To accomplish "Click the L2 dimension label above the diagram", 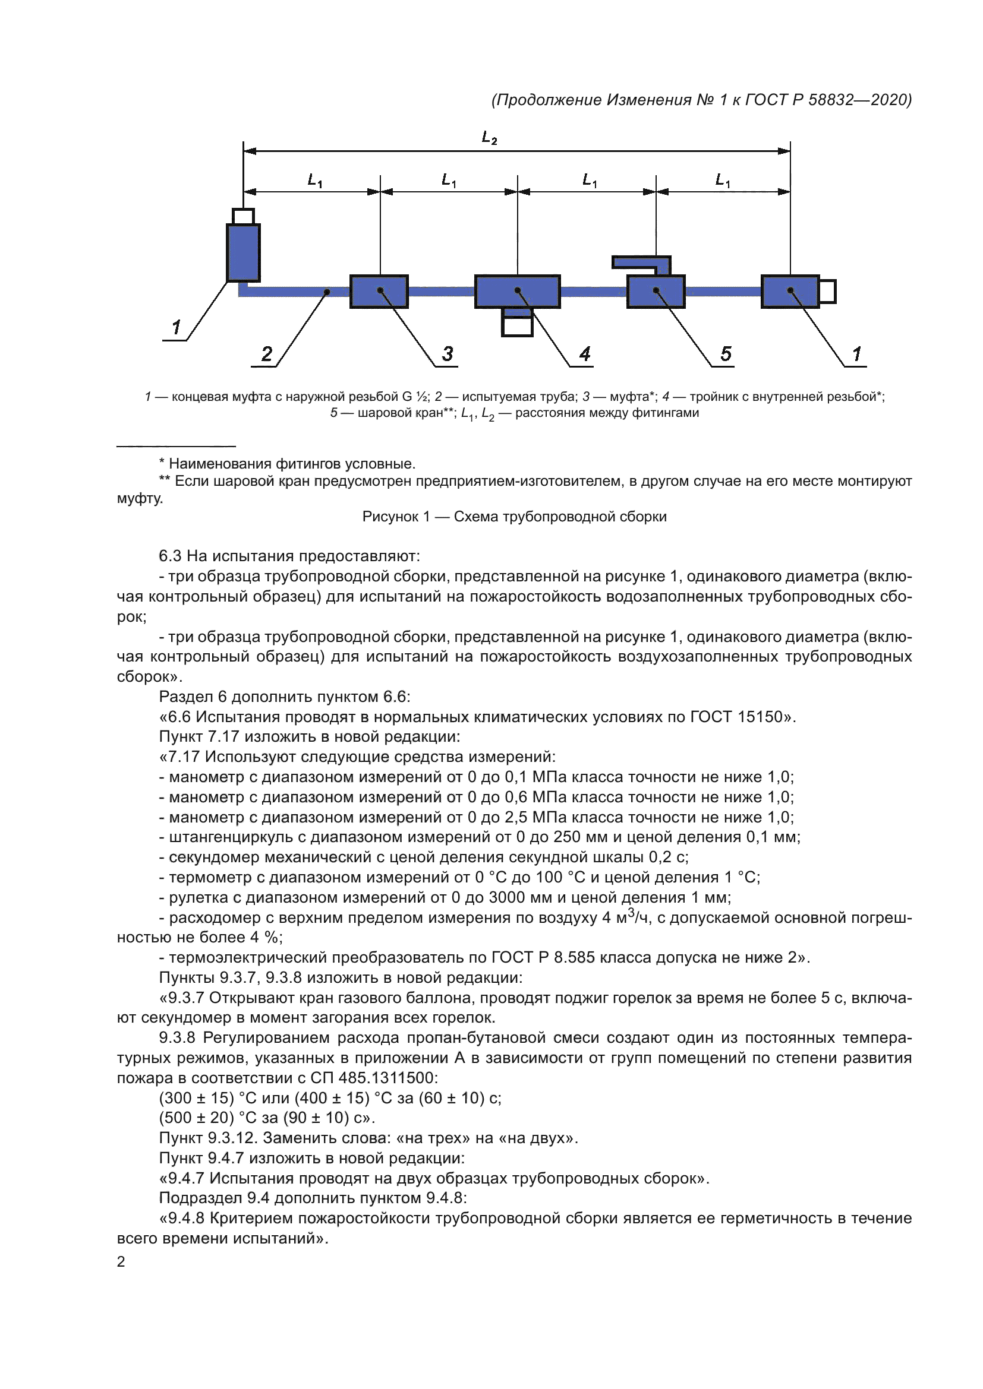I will (x=489, y=138).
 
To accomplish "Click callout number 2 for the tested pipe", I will (x=267, y=354).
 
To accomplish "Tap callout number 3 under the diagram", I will (x=448, y=354).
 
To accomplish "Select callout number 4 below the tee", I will (x=585, y=354).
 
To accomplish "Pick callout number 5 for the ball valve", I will (x=726, y=354).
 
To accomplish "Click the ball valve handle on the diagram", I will (x=641, y=262).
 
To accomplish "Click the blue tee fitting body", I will (x=517, y=292).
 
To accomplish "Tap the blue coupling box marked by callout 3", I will (x=379, y=292).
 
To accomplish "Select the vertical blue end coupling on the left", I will (x=243, y=252).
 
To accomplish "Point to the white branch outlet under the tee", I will (x=517, y=325).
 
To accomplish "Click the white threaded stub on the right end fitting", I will (x=827, y=292).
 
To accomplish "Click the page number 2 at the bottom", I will (x=121, y=1261).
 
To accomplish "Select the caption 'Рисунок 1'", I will (x=396, y=517).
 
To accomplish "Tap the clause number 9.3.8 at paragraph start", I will (x=177, y=1038).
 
